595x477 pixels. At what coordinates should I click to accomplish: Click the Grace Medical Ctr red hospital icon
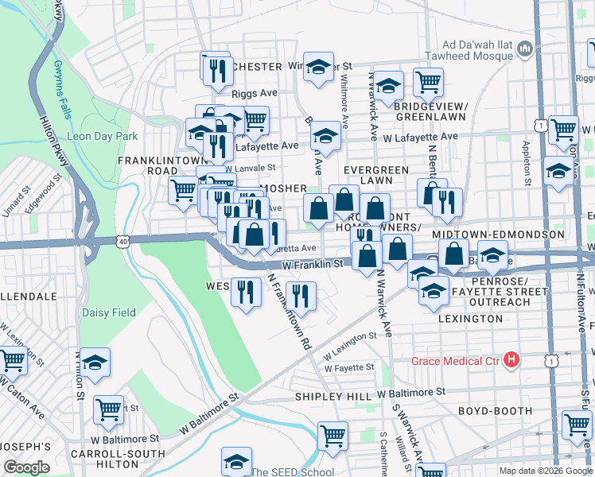pos(512,361)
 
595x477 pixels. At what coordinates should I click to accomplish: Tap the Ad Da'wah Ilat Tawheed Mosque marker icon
pos(525,50)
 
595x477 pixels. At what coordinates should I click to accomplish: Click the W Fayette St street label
pos(348,367)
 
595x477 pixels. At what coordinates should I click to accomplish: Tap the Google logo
pos(26,467)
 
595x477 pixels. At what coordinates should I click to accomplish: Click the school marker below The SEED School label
pos(236,463)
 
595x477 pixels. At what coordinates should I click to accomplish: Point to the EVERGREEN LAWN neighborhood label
pos(375,175)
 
